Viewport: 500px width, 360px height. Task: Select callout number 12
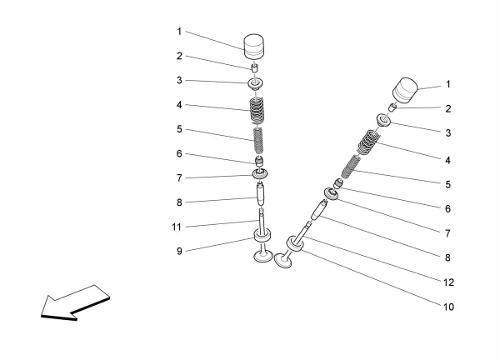click(447, 282)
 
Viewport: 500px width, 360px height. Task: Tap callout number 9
click(179, 250)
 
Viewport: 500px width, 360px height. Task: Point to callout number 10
click(447, 307)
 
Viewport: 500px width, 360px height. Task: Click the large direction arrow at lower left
click(73, 301)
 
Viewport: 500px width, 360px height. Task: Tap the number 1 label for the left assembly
click(179, 32)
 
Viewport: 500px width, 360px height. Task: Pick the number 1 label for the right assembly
click(447, 84)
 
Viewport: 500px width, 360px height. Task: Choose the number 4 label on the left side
click(179, 105)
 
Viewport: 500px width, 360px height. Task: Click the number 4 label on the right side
click(447, 160)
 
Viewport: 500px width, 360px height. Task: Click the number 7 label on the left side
click(179, 177)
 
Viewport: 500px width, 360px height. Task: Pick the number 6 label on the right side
click(447, 209)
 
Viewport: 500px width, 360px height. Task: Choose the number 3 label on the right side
click(447, 132)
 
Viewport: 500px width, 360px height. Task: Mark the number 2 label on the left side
click(179, 56)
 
